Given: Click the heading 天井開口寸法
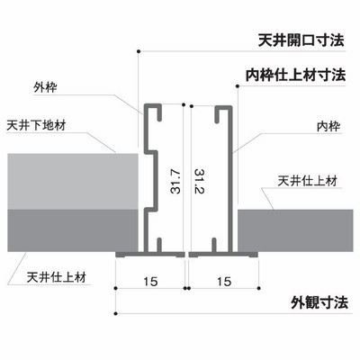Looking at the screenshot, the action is point(301,40).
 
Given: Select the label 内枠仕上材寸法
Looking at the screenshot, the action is point(295,75).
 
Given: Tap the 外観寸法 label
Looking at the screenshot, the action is point(319,302).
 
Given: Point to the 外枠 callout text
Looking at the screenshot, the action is point(45,87).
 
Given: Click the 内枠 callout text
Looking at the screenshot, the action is point(328,127).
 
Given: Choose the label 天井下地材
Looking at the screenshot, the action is point(36,125).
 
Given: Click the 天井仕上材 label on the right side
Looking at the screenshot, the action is point(308,181).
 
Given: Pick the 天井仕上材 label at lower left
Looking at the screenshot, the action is point(57,277).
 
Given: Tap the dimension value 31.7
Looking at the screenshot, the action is point(175,182).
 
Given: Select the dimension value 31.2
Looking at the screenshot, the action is point(199,182).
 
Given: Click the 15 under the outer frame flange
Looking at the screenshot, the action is point(150,282).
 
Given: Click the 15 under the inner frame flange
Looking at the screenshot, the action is point(224,282).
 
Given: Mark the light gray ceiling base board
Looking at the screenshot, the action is point(73,182).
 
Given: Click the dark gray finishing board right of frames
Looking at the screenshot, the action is point(295,230).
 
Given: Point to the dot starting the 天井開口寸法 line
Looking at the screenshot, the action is point(139,51).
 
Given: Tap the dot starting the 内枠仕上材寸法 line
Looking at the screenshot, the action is point(238,86).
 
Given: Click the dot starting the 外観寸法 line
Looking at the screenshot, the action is point(116,314).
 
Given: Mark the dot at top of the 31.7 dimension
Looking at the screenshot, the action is point(184,104).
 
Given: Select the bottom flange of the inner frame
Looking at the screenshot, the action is point(223,255).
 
